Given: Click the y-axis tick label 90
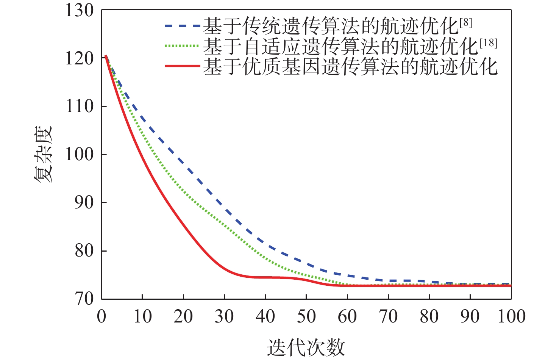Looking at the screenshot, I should click(84, 203).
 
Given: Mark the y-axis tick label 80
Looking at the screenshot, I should click(84, 251).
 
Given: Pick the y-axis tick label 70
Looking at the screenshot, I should click(84, 299).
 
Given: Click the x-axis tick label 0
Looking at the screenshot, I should click(101, 316).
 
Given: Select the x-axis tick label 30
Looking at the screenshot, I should click(224, 316).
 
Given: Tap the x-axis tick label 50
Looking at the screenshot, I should click(306, 316).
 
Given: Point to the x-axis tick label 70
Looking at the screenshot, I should click(388, 316).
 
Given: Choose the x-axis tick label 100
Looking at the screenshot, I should click(511, 316).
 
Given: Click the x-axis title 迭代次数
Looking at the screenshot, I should click(306, 347).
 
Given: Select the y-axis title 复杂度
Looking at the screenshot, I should click(44, 155).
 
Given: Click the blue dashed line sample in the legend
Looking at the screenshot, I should click(182, 26).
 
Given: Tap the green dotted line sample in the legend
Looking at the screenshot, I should click(182, 46).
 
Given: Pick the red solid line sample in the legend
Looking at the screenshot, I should click(182, 66).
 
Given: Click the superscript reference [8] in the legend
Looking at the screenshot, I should click(466, 23).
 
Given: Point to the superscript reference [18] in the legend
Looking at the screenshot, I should click(489, 43).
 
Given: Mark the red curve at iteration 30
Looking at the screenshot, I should click(224, 269).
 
